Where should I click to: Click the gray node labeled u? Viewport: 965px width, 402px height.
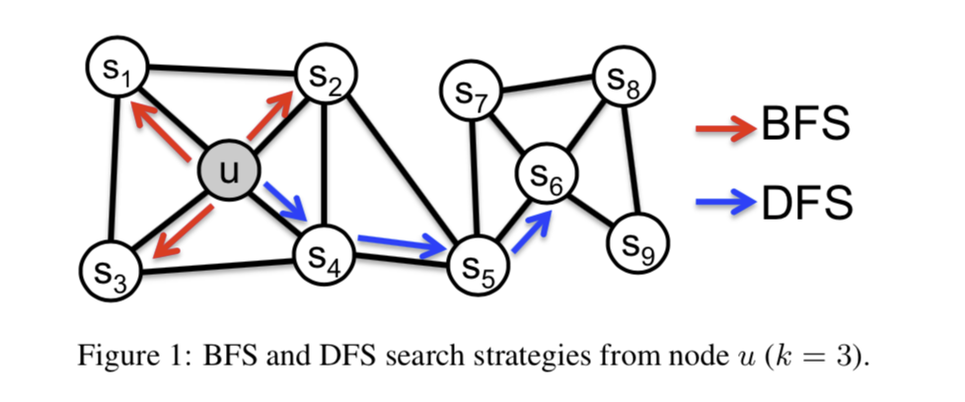[x=230, y=172]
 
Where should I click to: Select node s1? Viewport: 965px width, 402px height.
[x=116, y=68]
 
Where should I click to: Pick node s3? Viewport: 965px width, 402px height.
[x=109, y=269]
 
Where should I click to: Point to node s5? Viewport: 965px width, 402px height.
[x=477, y=264]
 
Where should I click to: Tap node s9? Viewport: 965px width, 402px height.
[x=638, y=242]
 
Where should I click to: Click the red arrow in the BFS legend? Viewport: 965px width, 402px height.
[x=726, y=129]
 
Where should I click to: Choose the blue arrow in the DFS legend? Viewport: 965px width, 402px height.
[x=726, y=204]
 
